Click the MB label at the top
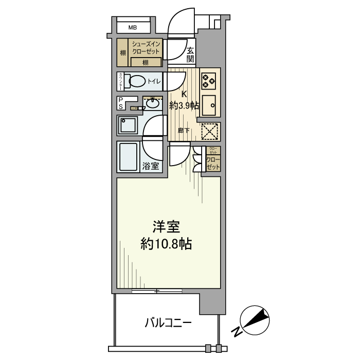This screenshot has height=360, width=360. click(133, 27)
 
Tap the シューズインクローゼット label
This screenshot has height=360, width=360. click(146, 48)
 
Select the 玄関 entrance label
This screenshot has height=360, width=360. click(190, 54)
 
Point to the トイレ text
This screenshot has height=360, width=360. click(154, 81)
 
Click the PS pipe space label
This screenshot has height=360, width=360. click(121, 103)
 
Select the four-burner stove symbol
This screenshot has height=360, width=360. click(208, 80)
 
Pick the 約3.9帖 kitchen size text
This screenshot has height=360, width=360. click(184, 105)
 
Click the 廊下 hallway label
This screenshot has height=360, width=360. click(183, 131)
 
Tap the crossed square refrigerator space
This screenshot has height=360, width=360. click(209, 131)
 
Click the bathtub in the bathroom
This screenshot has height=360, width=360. click(129, 157)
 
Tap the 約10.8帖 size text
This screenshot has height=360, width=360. click(166, 244)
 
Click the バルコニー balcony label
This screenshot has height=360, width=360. click(168, 323)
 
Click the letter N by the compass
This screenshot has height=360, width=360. click(236, 332)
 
